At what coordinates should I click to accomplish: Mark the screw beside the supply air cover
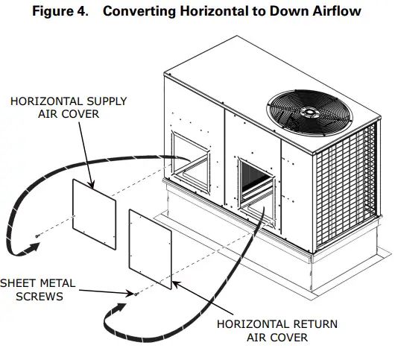(37, 236)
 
